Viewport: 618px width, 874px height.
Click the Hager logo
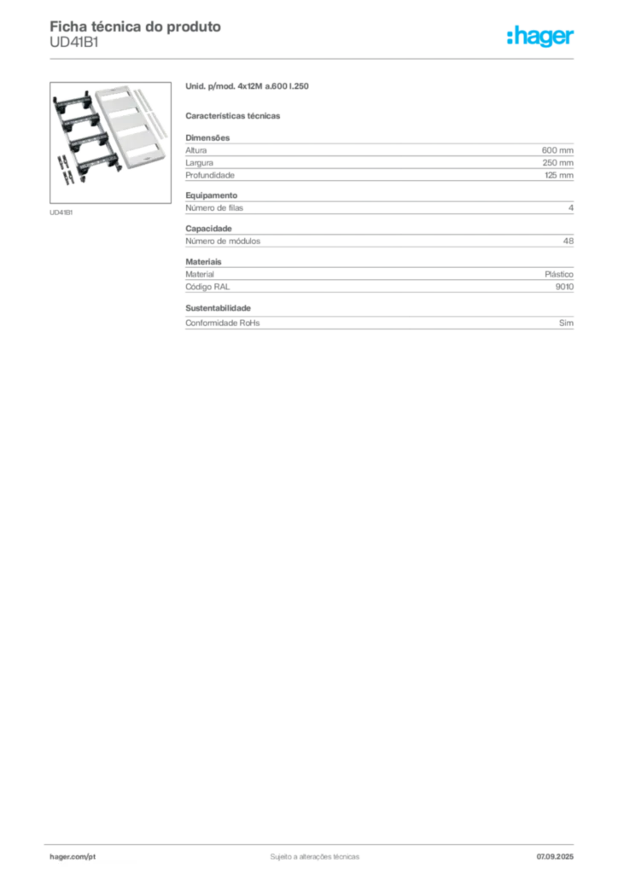540,37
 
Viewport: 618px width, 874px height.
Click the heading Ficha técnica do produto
136,26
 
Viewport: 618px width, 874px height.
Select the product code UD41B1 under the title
74,43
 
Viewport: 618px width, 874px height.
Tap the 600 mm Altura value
557,150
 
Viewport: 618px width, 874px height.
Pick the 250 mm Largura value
557,163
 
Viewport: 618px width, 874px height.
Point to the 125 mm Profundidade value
559,175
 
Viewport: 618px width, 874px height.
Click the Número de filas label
214,208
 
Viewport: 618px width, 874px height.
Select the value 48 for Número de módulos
568,241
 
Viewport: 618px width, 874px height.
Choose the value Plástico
559,274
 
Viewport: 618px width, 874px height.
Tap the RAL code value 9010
564,287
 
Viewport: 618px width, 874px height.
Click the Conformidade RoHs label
223,323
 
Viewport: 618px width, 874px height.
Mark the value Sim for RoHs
566,323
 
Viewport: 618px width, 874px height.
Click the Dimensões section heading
208,137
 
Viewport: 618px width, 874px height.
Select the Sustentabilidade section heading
219,307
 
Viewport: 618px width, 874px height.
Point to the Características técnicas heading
233,116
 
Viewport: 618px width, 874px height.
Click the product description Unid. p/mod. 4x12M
224,86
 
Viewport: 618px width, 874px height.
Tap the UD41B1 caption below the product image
61,213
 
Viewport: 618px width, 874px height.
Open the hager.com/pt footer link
73,857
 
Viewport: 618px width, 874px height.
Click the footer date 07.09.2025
555,857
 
